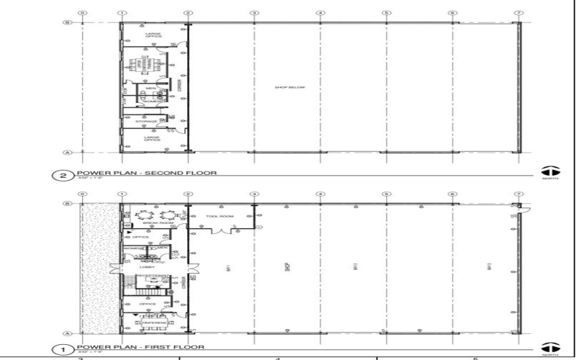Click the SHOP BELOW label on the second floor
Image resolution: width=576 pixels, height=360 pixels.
(290, 87)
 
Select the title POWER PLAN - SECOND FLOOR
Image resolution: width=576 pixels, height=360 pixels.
(136, 174)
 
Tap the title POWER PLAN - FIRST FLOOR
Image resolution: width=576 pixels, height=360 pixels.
(132, 347)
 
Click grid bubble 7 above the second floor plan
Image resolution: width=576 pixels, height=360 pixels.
(518, 13)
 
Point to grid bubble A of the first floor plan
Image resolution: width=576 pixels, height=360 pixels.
(67, 333)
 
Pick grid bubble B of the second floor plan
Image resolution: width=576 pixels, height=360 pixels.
(67, 23)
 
